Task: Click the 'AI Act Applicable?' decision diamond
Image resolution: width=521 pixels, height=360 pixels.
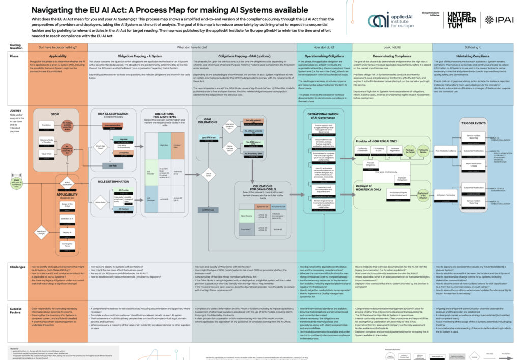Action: click(x=67, y=182)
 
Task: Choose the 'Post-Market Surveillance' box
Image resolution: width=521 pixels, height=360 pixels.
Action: click(x=445, y=150)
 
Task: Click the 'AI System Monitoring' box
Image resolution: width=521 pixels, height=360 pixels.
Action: click(x=446, y=195)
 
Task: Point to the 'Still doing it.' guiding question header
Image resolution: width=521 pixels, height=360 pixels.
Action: click(x=475, y=47)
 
